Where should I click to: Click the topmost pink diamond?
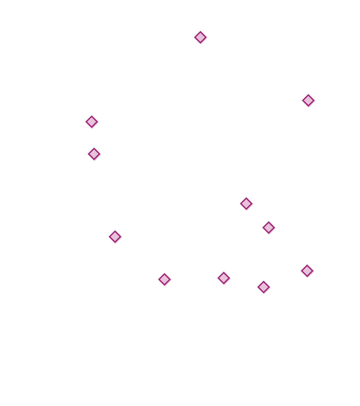[x=200, y=37]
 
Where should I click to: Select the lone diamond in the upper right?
[x=308, y=100]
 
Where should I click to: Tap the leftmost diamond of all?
[x=91, y=122]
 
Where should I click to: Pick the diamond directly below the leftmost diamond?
[x=94, y=154]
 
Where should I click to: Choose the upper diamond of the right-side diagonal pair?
[x=246, y=203]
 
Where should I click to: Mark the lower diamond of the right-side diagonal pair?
[x=268, y=227]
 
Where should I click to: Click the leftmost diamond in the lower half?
[x=115, y=237]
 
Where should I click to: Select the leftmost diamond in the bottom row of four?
[x=164, y=279]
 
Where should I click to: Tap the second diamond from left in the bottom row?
[x=224, y=278]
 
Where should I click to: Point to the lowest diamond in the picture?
[x=263, y=287]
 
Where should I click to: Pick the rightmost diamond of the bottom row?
[x=307, y=271]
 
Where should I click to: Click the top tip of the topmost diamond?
[x=200, y=31]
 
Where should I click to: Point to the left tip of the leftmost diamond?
[x=85, y=122]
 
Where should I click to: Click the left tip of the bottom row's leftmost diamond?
[x=158, y=279]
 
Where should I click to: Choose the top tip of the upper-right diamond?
[x=308, y=94]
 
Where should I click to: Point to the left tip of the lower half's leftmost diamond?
[x=109, y=237]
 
